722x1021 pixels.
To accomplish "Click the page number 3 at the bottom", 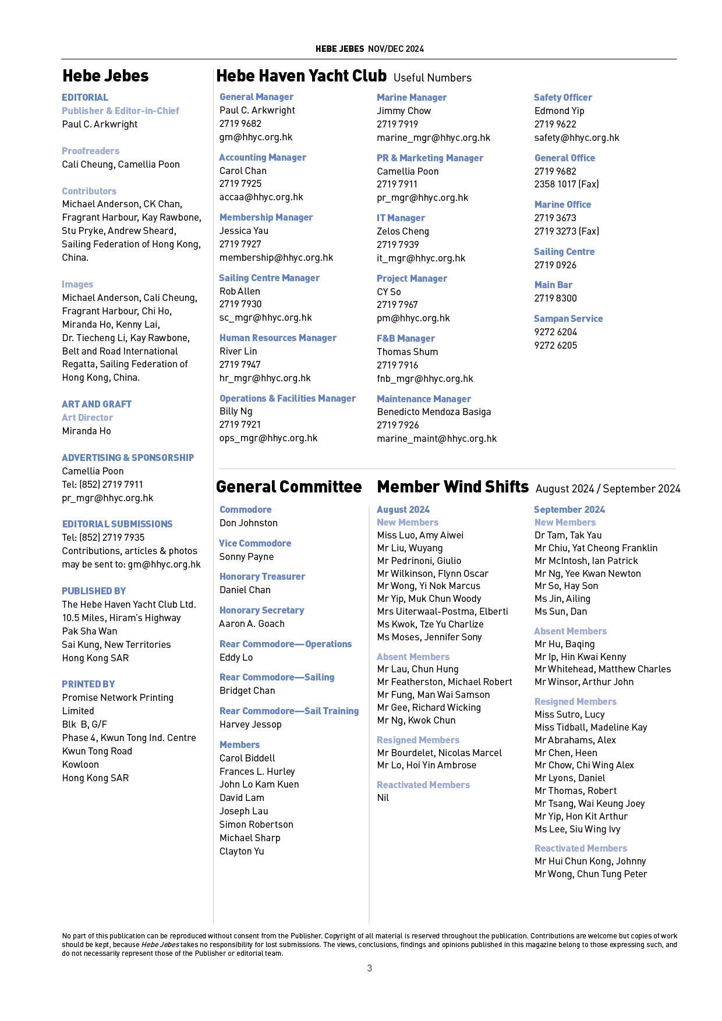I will [369, 968].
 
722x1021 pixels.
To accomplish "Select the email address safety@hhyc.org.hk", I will [576, 137].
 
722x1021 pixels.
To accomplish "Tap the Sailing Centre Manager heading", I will [269, 278].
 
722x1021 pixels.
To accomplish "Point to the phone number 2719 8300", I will [555, 298].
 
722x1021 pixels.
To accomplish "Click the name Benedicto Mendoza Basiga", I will [434, 412].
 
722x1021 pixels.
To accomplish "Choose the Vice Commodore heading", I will [255, 543].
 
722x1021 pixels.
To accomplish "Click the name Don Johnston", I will [248, 523].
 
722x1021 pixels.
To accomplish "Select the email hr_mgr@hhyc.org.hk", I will [265, 378].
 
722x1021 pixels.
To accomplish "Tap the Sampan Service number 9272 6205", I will [555, 345].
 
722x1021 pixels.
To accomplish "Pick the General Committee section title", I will [289, 487].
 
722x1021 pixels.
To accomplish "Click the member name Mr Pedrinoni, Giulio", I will [419, 561].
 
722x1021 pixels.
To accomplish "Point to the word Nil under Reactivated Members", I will [383, 797].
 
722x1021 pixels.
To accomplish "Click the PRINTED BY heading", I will [89, 684].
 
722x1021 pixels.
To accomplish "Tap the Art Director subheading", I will [87, 417].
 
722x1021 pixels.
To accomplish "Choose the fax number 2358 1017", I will [566, 184].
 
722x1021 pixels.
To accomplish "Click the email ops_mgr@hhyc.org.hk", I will [268, 438].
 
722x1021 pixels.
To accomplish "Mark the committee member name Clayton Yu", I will [242, 851].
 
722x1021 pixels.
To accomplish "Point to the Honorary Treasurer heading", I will [262, 576].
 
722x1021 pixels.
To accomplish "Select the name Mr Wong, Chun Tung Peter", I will [590, 874].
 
